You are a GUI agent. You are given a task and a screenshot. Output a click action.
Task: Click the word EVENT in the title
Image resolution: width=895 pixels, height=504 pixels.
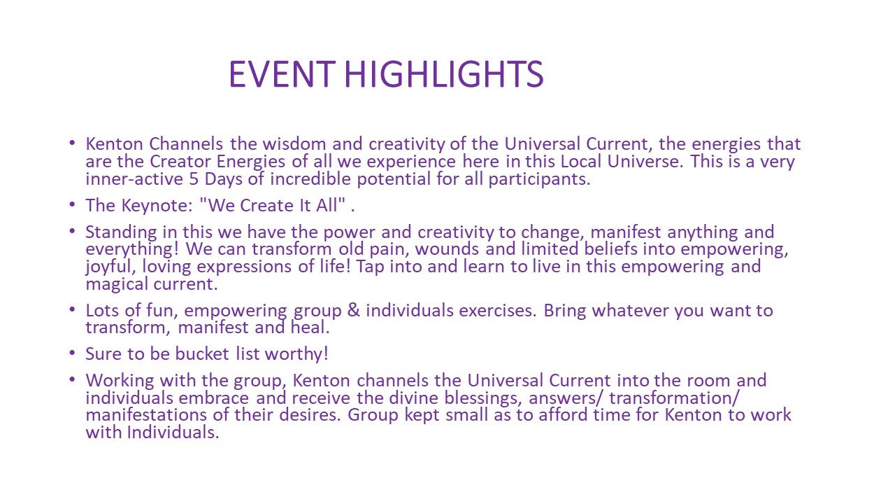click(282, 74)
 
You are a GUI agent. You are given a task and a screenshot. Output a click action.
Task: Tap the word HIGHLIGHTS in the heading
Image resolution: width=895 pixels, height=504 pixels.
click(444, 74)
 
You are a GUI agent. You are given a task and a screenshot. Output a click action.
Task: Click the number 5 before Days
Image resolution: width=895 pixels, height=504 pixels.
click(194, 178)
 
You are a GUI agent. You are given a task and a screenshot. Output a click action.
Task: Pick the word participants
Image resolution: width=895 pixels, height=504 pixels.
click(539, 180)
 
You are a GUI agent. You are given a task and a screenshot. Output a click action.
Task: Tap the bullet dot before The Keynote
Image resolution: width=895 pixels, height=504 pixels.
click(72, 205)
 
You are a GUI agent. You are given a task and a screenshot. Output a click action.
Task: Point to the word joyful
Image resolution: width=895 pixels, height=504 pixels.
click(111, 267)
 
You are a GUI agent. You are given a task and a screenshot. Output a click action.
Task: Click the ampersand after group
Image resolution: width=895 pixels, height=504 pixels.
click(354, 310)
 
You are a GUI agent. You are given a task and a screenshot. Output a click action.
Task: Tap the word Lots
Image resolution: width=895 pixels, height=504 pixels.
click(102, 310)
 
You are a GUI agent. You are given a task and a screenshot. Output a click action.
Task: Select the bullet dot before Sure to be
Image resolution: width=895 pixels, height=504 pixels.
click(72, 353)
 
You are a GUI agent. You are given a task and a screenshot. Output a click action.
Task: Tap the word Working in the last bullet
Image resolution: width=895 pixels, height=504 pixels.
click(120, 381)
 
